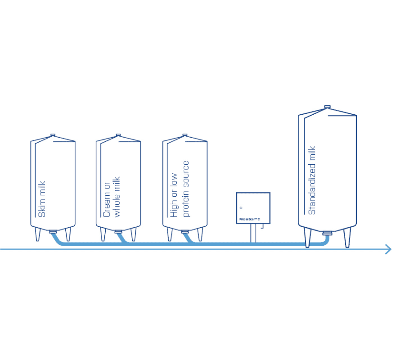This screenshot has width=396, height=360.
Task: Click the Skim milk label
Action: click(42, 199)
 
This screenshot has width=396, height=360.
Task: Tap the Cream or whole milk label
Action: click(112, 197)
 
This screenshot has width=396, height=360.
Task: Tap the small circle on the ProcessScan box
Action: click(241, 208)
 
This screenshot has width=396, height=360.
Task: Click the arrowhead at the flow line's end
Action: click(388, 249)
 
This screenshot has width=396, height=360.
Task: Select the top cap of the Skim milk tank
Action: click(53, 135)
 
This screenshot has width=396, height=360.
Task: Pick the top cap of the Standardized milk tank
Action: click(327, 107)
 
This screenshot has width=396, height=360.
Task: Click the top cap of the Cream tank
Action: click(118, 135)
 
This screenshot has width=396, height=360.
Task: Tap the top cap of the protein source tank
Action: click(184, 135)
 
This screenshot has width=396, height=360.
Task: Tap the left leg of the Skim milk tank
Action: click(38, 234)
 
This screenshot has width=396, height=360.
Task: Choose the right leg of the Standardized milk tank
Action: click(347, 237)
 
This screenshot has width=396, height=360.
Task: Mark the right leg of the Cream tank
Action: click(133, 234)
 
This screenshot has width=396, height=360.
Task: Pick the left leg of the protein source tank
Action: click(170, 234)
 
